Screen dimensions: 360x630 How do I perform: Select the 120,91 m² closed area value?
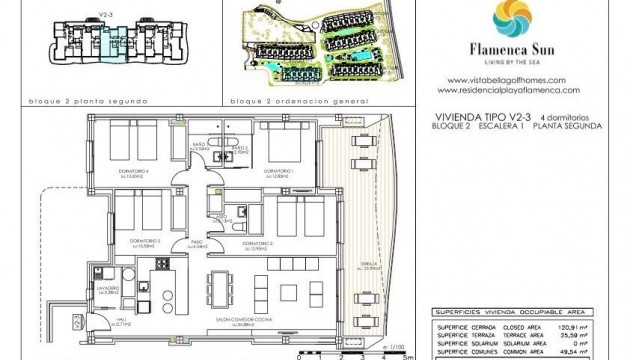point(590,325)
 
